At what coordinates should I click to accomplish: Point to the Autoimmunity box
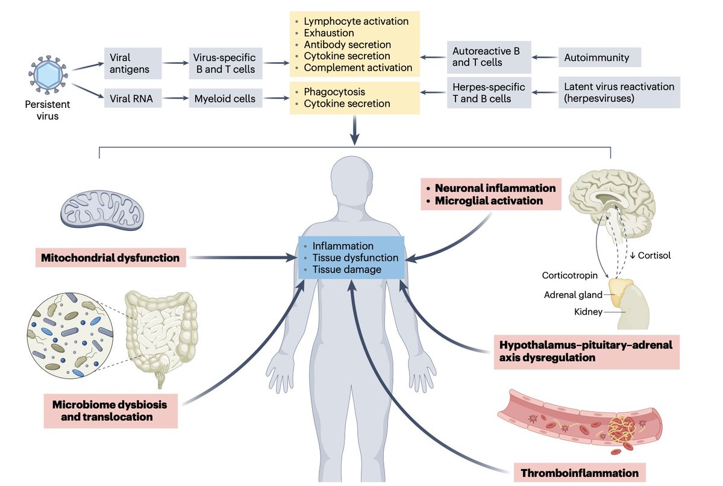pos(599,58)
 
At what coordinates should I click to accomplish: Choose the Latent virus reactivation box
pos(619,92)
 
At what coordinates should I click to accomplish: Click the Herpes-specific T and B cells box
pos(489,92)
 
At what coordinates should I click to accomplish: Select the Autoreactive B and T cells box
pos(489,57)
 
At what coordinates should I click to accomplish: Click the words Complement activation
pos(357,68)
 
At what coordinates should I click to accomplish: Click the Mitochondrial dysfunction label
pos(110,258)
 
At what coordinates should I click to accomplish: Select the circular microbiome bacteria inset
pos(67,336)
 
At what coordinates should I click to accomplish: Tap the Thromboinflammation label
pos(578,473)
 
